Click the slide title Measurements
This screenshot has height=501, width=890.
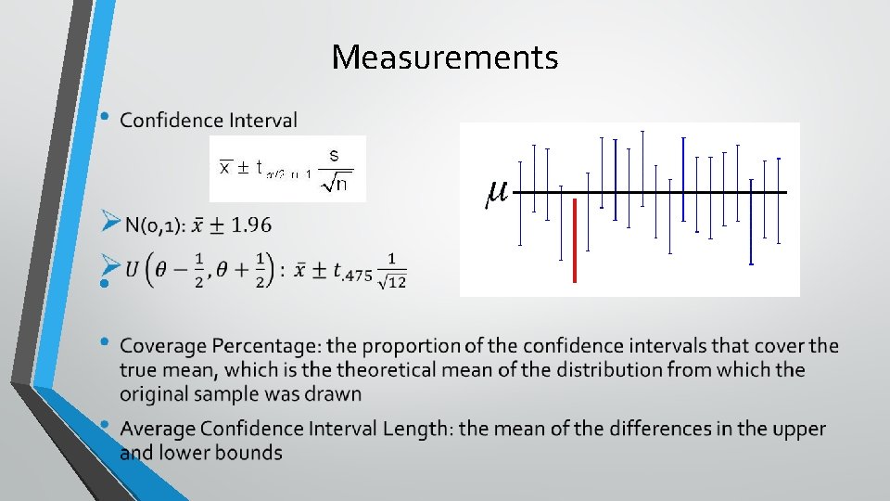pos(445,58)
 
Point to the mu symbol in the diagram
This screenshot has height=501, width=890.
pos(496,193)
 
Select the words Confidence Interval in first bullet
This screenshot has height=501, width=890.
pos(209,121)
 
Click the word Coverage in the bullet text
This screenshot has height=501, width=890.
pos(157,346)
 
